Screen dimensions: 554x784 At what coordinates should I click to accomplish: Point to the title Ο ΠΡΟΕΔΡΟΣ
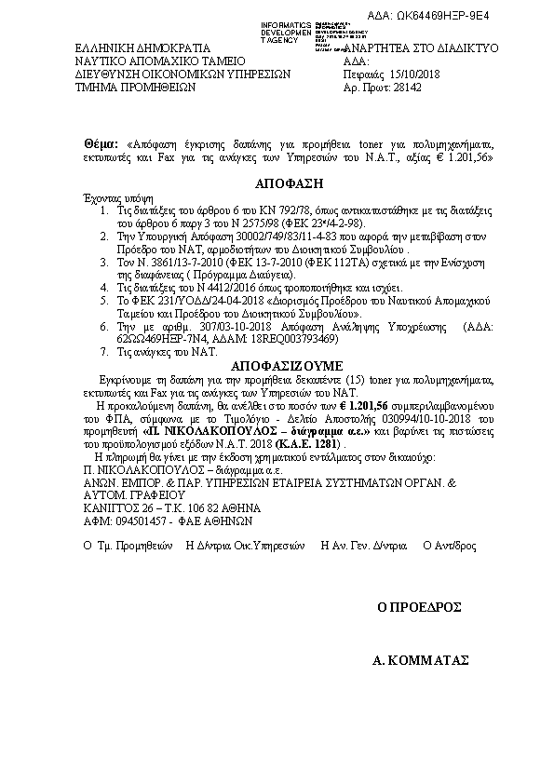420,606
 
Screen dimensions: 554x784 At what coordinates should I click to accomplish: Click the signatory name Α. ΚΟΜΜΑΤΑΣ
419,660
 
